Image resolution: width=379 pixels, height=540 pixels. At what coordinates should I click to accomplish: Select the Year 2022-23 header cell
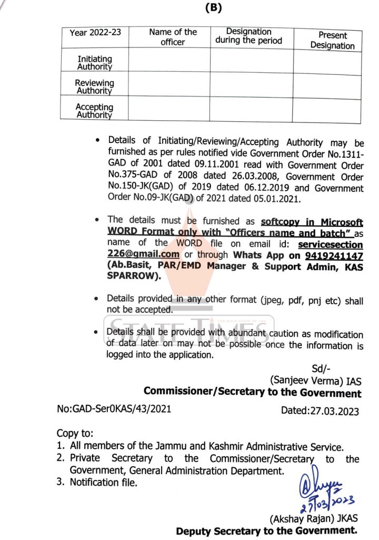pyautogui.click(x=95, y=32)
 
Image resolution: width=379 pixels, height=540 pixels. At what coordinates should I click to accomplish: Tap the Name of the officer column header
pyautogui.click(x=173, y=36)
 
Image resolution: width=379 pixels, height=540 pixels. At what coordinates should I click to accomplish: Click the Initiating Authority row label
pyautogui.click(x=95, y=63)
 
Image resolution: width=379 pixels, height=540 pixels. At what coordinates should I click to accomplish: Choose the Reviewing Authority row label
pyautogui.click(x=95, y=86)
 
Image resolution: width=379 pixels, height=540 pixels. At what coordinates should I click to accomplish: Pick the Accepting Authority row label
pyautogui.click(x=95, y=110)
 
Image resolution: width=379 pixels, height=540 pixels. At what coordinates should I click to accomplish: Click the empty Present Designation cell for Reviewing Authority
pyautogui.click(x=327, y=85)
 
